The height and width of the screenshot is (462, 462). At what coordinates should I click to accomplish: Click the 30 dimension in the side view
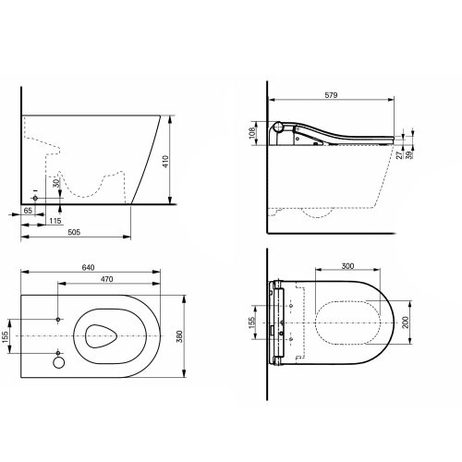pyautogui.click(x=56, y=185)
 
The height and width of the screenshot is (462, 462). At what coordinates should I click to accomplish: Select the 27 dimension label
pyautogui.click(x=411, y=157)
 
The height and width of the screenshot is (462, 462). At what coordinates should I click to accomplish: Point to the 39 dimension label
pyautogui.click(x=421, y=157)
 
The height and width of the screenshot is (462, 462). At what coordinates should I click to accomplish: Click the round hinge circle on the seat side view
pyautogui.click(x=280, y=128)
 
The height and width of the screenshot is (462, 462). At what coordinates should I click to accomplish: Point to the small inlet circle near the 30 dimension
pyautogui.click(x=35, y=199)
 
